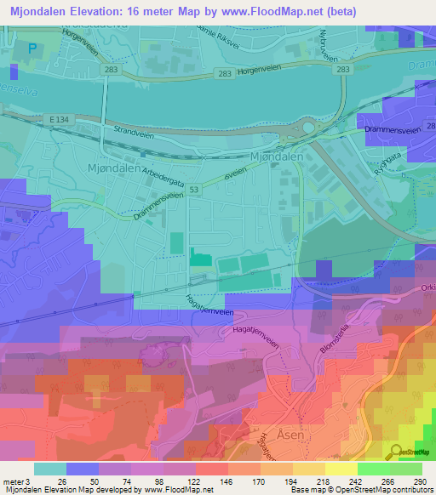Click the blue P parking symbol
pos(32,48)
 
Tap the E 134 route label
pos(58,121)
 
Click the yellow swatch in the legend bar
pos(309,468)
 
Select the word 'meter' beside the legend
pos(11,481)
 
